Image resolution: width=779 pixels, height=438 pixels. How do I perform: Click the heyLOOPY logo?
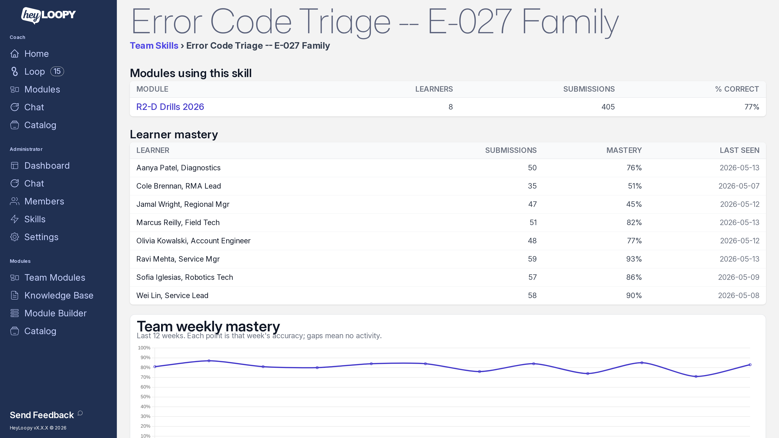48,15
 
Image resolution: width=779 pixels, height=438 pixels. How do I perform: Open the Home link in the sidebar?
36,54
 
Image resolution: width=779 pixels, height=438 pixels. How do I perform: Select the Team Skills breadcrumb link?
154,46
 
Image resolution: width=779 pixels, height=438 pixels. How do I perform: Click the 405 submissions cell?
608,107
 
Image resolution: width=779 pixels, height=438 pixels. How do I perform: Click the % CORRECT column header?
737,89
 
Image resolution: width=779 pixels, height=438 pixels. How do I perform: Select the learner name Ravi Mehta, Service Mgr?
178,259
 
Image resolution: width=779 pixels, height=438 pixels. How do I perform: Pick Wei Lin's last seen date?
738,296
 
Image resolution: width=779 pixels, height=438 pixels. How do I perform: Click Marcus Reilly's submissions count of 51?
533,222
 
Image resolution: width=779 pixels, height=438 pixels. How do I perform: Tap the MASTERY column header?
624,150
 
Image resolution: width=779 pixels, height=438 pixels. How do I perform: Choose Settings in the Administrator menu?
41,237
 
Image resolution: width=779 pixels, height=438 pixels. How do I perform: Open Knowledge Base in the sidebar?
59,295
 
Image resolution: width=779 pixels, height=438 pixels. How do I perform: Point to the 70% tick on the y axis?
145,377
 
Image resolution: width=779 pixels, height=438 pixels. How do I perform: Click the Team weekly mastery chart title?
208,326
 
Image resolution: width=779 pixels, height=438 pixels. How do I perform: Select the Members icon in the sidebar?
15,201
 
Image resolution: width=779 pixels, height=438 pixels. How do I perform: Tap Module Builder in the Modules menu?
55,313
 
